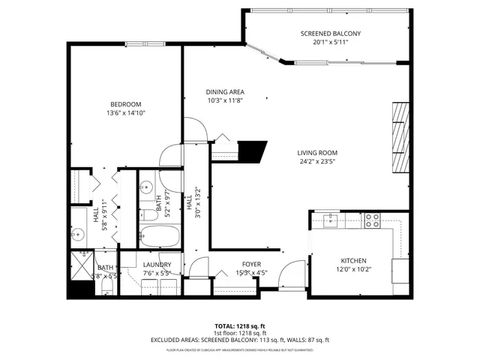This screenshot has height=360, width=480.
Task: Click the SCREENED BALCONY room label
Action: click(330, 34)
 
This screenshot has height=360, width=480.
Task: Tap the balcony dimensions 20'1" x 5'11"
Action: click(330, 43)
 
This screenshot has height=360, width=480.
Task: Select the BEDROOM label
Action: click(125, 104)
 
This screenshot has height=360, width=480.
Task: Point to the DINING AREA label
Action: click(225, 92)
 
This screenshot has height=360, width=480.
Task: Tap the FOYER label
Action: click(250, 264)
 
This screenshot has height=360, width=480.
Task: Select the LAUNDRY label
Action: click(157, 265)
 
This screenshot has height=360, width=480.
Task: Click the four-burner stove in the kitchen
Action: click(372, 220)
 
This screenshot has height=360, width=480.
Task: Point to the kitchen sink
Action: click(331, 219)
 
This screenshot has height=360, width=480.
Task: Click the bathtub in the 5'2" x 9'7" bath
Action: click(160, 238)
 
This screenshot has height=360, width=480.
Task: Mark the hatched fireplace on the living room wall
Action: click(401, 138)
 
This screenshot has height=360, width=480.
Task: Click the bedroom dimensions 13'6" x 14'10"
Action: click(125, 113)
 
